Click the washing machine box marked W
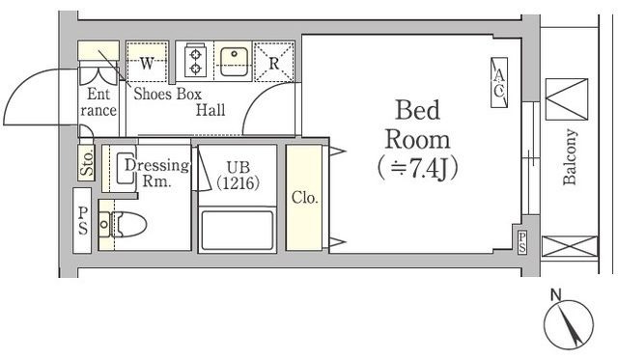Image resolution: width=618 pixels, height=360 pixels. click(x=148, y=63)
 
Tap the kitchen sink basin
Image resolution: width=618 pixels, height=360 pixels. click(x=233, y=62)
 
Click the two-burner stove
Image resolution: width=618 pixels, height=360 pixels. click(x=195, y=62)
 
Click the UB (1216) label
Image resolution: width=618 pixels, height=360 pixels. click(x=237, y=174)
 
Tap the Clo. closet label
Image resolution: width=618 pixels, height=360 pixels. click(x=305, y=197)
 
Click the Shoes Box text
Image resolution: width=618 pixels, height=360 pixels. click(x=167, y=94)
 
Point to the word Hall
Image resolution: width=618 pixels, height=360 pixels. click(x=210, y=110)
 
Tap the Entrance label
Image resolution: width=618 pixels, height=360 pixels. click(x=101, y=102)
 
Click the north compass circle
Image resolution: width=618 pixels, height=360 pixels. click(x=567, y=329)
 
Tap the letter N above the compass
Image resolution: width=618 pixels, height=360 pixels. click(x=555, y=294)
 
